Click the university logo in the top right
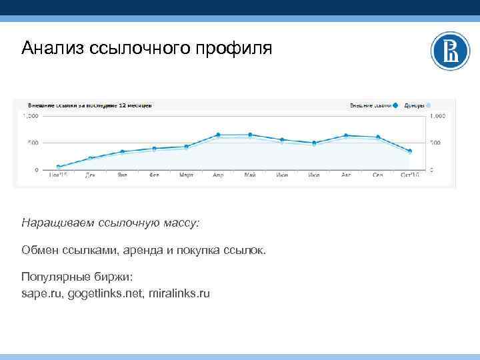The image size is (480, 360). point(451,51)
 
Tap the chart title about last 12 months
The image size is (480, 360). point(90,105)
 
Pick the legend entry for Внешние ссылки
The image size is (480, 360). point(371,105)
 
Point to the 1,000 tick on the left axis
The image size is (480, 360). point(31,116)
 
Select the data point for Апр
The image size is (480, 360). point(218,135)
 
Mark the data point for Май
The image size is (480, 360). point(250,135)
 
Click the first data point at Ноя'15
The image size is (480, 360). point(59,167)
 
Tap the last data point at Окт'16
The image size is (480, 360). point(409,151)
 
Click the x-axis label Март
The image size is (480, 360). point(186,175)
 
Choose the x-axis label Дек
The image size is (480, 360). point(90,175)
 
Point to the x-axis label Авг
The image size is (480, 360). point(346,175)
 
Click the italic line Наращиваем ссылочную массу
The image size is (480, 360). point(110,223)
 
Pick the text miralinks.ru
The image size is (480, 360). point(179,293)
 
